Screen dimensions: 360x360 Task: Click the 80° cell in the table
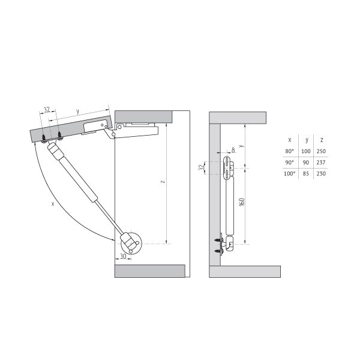coord(289,151)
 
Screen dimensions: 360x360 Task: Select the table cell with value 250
coord(321,151)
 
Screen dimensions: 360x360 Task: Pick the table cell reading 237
coord(321,163)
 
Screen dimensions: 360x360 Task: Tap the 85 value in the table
coord(305,173)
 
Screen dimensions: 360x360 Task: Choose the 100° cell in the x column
coord(289,173)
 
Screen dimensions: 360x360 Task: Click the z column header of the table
coord(322,140)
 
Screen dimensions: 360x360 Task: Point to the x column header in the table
coord(290,140)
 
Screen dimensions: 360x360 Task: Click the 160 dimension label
coord(242,202)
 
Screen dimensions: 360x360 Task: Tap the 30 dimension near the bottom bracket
coord(123,256)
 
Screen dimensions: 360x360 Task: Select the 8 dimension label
coord(233,150)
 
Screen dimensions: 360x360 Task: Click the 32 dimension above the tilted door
coord(47,110)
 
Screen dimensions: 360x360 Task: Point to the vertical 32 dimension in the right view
coord(202,168)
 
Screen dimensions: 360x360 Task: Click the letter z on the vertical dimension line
coord(163,182)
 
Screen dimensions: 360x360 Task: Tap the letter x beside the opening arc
coord(53,203)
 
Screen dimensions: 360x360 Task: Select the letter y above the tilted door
coord(78,112)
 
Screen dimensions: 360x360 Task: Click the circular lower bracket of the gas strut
coord(131,244)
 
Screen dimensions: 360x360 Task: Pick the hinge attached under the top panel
coord(131,131)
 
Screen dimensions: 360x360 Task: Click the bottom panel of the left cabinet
coord(149,271)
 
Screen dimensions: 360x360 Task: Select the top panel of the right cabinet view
coord(238,118)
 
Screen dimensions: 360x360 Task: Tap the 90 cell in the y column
coord(305,163)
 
